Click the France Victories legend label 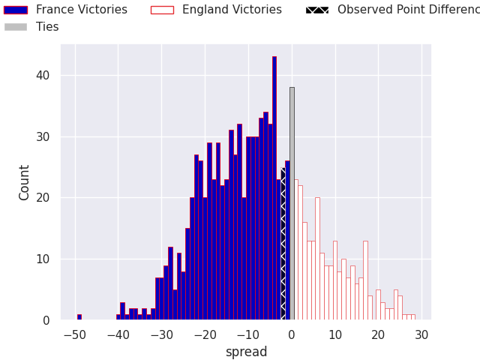click(81, 10)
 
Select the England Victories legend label click(232, 10)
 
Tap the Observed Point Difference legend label click(408, 10)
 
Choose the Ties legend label click(47, 27)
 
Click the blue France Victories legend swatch click(16, 10)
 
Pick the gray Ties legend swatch click(16, 27)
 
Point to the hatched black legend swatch click(317, 10)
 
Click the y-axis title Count click(25, 182)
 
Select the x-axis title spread click(246, 352)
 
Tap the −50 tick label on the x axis click(74, 334)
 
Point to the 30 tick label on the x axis click(421, 334)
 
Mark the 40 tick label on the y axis click(43, 75)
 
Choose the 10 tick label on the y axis click(43, 259)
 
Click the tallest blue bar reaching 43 click(274, 187)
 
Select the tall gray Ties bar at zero click(292, 202)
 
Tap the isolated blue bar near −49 click(79, 317)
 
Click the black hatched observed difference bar click(283, 247)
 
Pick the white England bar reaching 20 click(317, 259)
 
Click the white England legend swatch click(162, 10)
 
